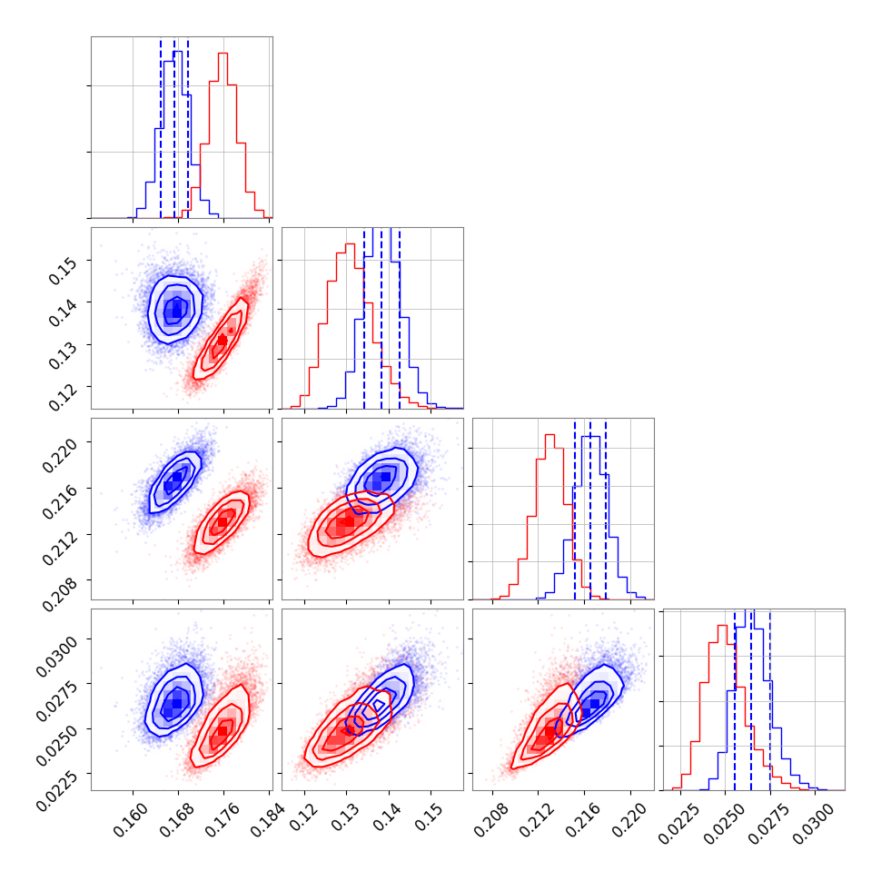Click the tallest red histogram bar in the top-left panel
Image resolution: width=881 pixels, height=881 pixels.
click(x=223, y=56)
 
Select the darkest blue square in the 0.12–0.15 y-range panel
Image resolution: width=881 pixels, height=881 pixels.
click(x=177, y=311)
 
